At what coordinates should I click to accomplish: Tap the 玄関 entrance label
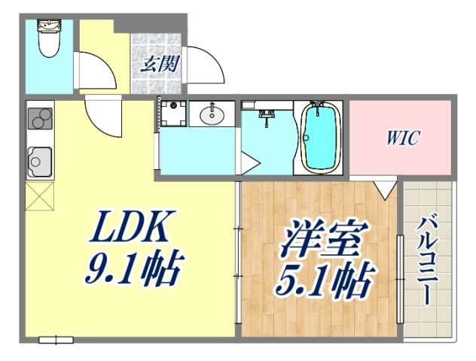159,64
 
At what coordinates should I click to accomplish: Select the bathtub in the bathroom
320,137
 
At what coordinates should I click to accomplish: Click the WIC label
403,138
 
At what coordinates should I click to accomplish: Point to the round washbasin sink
212,115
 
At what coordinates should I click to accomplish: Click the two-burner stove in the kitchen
40,119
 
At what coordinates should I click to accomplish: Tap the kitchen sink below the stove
38,160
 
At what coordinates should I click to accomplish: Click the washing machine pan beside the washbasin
172,114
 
